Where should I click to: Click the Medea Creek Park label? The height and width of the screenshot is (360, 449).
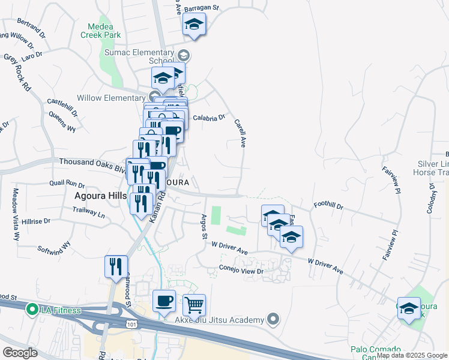coord(104,31)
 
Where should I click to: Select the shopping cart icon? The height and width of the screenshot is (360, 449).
coord(194,305)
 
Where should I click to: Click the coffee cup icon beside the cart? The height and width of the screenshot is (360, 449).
coord(164,301)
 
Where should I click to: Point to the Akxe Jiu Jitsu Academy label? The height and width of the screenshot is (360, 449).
coord(219,320)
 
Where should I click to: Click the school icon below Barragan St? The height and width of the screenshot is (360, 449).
coord(194,25)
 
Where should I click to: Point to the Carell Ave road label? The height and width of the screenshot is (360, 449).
coord(243,132)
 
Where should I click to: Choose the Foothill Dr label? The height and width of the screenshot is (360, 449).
coord(328,206)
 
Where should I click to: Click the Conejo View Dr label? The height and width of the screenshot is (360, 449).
coord(241,271)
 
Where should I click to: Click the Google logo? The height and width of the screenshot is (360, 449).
coord(20,352)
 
